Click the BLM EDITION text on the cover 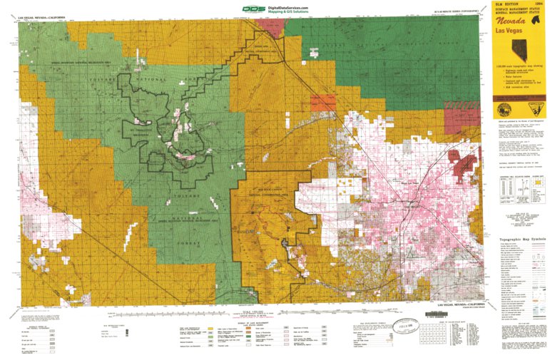pyautogui.click(x=505, y=4)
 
